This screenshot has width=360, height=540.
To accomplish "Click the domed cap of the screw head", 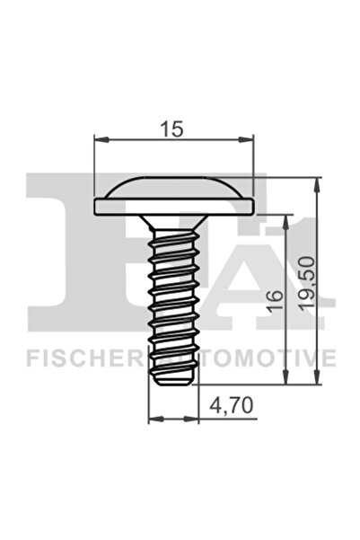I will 174,189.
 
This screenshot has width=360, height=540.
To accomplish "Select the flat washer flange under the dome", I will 174,207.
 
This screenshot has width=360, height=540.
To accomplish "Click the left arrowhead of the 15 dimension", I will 99,139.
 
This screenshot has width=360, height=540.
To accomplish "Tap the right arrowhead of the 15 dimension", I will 250,139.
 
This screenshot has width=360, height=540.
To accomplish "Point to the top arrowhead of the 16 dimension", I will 286,219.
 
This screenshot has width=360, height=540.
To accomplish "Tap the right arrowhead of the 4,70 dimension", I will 195,419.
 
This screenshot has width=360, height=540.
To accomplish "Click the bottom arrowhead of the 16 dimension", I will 286,380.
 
